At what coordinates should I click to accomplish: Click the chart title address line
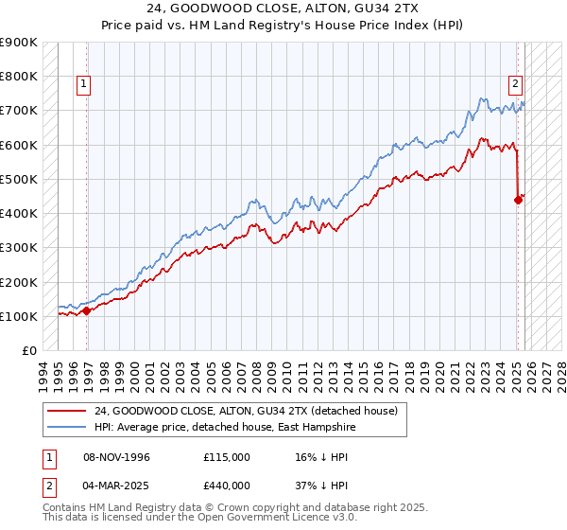(x=283, y=9)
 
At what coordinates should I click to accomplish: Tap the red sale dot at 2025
(x=518, y=200)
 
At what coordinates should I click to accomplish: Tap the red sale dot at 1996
(x=86, y=310)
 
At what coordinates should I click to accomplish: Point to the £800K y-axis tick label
(x=19, y=77)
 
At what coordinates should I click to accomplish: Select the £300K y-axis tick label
(x=19, y=248)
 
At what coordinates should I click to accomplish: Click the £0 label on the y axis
(x=28, y=351)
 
